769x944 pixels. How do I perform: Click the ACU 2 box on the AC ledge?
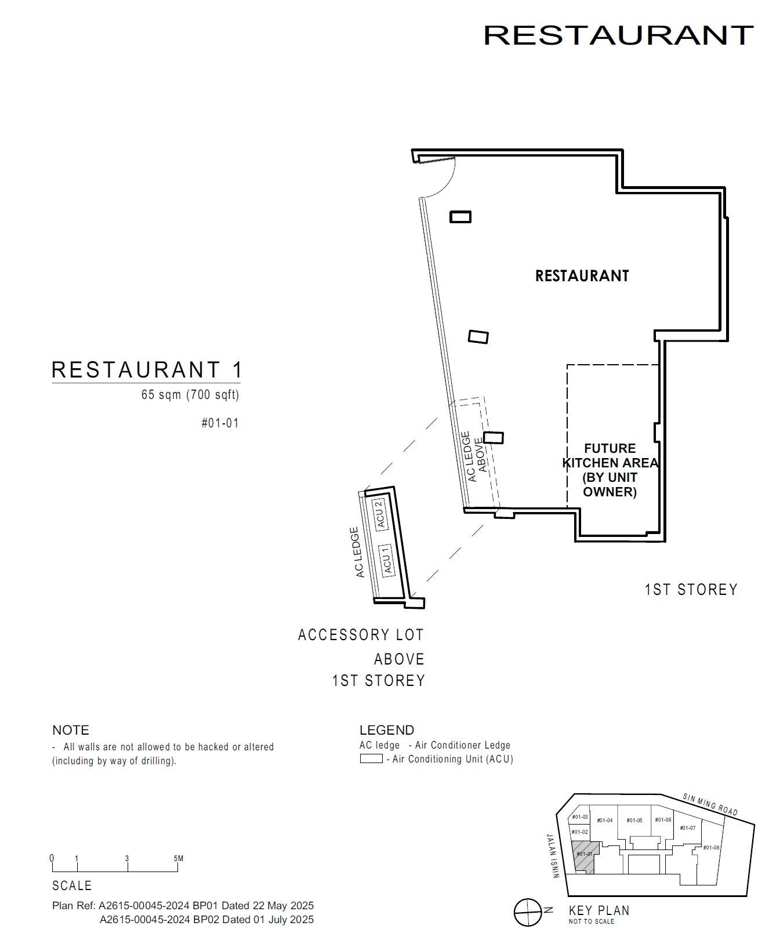379,514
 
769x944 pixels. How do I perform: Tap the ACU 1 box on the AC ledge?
386,561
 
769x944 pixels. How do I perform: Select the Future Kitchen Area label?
610,470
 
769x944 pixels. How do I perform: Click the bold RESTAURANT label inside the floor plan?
582,276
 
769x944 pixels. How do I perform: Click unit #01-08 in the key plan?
711,847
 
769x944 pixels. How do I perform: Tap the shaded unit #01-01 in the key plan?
585,855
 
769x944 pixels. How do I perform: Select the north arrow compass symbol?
528,912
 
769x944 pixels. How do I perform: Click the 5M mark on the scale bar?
178,859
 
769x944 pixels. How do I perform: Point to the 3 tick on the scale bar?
127,859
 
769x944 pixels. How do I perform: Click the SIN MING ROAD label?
710,804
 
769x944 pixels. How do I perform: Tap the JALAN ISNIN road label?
553,856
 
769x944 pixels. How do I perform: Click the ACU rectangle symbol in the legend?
371,758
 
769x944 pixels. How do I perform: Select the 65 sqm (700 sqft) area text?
190,395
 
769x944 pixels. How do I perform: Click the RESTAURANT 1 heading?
146,370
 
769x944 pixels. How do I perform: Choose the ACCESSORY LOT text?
361,635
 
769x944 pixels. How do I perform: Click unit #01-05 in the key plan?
634,820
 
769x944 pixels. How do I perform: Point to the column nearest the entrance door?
460,217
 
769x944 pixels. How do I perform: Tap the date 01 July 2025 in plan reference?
284,920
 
